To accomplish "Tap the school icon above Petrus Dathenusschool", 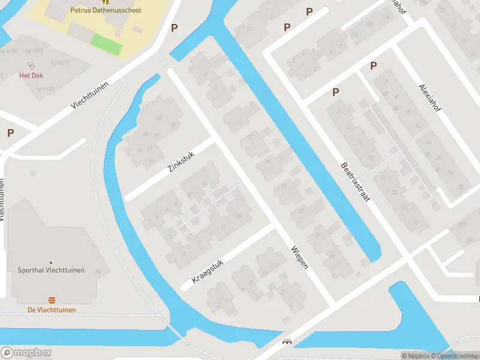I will click(106, 2).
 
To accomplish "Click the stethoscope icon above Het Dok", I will click(31, 65).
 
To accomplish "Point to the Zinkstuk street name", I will click(182, 162).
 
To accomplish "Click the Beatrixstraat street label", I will click(354, 182).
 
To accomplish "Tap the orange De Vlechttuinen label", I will click(52, 310).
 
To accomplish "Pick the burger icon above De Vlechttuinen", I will click(52, 299).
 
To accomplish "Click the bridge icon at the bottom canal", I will click(287, 343).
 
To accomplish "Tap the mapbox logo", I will click(26, 352).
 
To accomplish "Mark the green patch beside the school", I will click(106, 44).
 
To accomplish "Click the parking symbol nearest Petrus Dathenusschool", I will click(175, 28).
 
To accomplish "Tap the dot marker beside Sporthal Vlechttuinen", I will click(51, 263).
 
